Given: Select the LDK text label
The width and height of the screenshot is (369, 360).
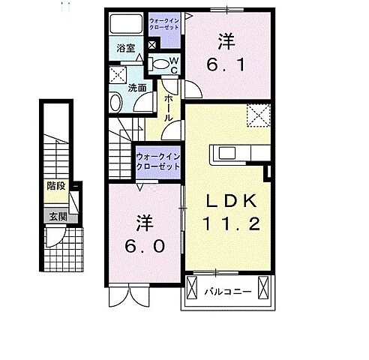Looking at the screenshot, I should tap(230, 201).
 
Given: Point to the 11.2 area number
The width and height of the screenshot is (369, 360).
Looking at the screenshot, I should tap(232, 223).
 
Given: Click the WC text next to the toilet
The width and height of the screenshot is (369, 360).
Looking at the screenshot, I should tap(173, 65).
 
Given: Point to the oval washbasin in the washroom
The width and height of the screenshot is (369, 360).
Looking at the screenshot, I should tap(116, 103).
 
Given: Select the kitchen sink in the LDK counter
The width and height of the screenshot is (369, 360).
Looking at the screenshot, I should tap(225, 155).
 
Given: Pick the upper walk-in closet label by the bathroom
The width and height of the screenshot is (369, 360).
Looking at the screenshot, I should tap(164, 22).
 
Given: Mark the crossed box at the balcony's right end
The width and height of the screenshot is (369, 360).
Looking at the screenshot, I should tap(263, 289).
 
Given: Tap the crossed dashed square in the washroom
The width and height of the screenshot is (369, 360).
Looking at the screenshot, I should tap(118, 74).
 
